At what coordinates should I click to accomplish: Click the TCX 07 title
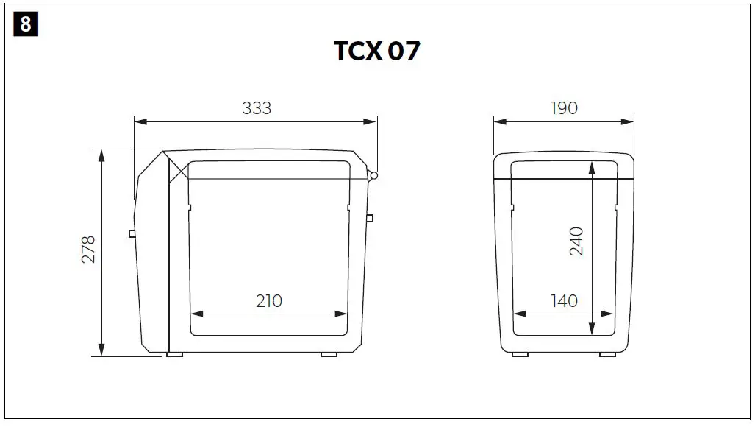coord(377,52)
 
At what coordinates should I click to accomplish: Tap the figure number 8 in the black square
coord(26,24)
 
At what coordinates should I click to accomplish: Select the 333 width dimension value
coord(257,108)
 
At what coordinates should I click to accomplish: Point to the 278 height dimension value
coord(89,250)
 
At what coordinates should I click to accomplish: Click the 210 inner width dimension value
coord(269,300)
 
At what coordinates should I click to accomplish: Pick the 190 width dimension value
coord(564,108)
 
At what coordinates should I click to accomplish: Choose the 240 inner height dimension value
coord(576,241)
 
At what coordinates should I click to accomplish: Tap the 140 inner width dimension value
coord(564,300)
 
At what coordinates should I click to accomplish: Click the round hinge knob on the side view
coord(374,175)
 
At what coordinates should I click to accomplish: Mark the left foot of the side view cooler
coord(175,355)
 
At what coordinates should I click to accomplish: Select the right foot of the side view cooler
coord(329,355)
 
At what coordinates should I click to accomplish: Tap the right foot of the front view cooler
coord(607,355)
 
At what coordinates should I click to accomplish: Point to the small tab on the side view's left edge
coord(132,233)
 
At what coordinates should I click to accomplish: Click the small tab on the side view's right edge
coord(370,218)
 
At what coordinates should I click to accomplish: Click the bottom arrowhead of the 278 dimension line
coord(101,351)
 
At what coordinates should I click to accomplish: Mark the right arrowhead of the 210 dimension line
coord(343,314)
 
